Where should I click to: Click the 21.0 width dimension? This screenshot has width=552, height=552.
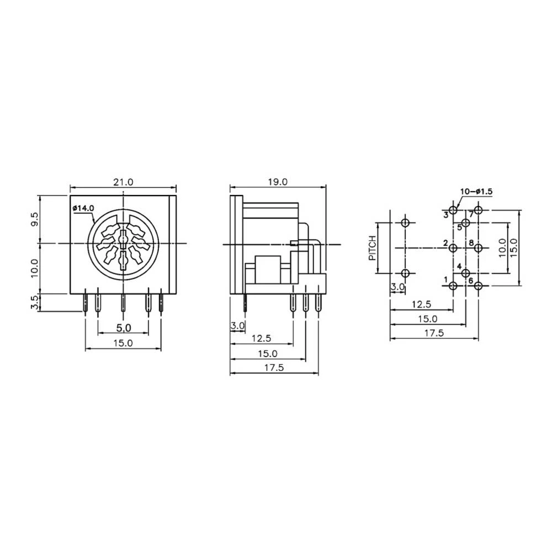pyautogui.click(x=124, y=182)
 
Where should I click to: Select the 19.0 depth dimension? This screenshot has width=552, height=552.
pyautogui.click(x=278, y=182)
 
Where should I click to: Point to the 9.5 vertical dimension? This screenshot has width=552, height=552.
pyautogui.click(x=34, y=219)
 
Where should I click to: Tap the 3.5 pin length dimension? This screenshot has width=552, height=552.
pyautogui.click(x=34, y=303)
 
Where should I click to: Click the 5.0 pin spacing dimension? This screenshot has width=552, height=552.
pyautogui.click(x=123, y=328)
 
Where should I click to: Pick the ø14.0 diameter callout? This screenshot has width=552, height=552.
pyautogui.click(x=83, y=208)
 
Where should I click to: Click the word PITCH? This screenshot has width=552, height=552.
pyautogui.click(x=373, y=248)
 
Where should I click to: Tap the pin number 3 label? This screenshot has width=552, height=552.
pyautogui.click(x=445, y=214)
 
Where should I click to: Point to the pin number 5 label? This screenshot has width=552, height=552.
pyautogui.click(x=459, y=226)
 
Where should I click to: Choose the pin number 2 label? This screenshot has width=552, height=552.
pyautogui.click(x=445, y=243)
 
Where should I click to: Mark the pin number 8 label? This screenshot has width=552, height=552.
pyautogui.click(x=471, y=243)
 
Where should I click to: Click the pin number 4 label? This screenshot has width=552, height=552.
pyautogui.click(x=459, y=266)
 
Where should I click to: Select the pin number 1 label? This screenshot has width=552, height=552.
pyautogui.click(x=445, y=280)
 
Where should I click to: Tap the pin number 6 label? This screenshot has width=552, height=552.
pyautogui.click(x=471, y=280)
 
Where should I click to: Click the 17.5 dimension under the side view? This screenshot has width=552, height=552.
pyautogui.click(x=273, y=368)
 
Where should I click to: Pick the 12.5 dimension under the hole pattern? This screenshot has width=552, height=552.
pyautogui.click(x=421, y=304)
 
